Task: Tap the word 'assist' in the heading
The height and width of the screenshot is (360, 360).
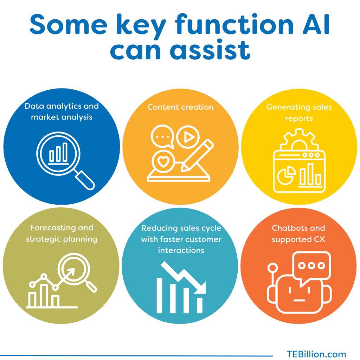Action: [210, 49]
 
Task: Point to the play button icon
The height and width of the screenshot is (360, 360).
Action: [188, 137]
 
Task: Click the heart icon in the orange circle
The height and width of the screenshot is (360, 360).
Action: [163, 161]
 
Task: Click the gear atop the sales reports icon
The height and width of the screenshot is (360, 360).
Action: [299, 140]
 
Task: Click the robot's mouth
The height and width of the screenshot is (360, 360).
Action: [300, 300]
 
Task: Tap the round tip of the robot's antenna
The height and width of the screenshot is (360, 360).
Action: [272, 268]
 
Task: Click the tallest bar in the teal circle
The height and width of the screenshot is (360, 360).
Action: [159, 295]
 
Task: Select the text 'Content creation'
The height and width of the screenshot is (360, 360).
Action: [180, 107]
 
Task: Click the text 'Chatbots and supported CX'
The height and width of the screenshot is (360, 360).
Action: [298, 234]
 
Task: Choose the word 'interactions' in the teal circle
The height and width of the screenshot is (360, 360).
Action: [181, 250]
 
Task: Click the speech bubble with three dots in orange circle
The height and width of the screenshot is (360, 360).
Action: [162, 137]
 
